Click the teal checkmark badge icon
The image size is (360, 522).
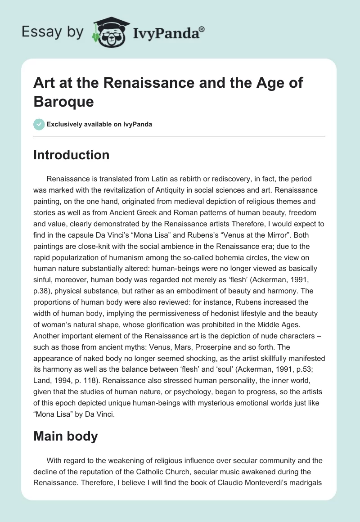pyautogui.click(x=39, y=124)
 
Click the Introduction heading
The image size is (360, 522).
pyautogui.click(x=72, y=155)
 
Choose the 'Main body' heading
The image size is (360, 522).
pyautogui.click(x=66, y=436)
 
